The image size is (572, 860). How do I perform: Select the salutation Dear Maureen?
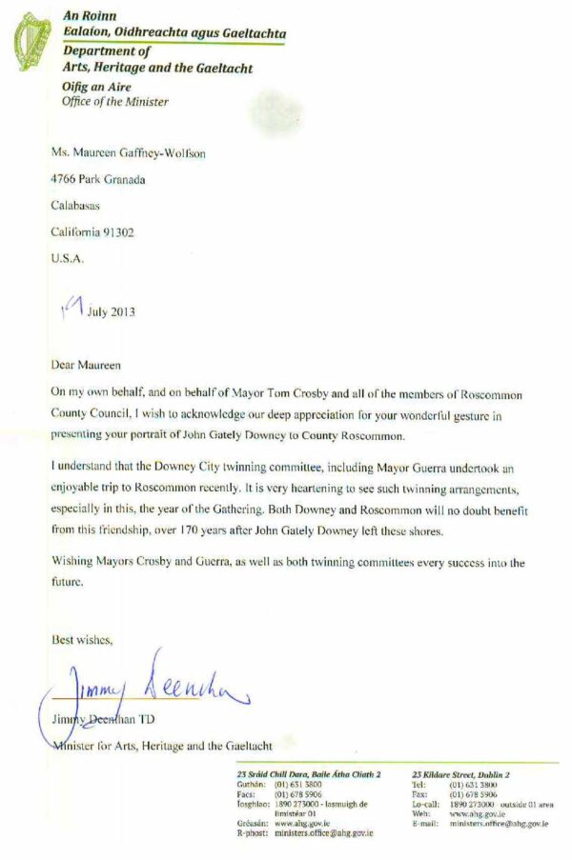86,364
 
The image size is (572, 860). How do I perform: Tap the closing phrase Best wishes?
82,640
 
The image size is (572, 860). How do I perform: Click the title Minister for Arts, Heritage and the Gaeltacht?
162,745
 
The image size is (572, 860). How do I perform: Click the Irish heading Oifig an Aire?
95,88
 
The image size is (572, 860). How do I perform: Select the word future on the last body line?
68,581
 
